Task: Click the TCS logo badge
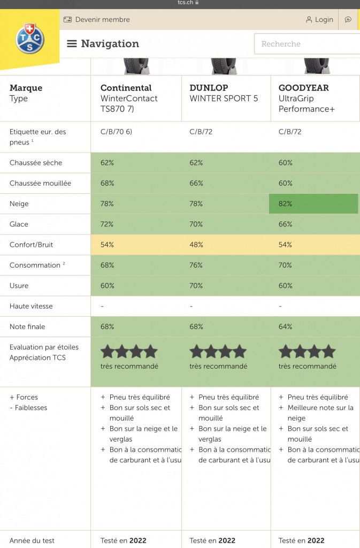coord(29,39)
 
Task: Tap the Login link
coord(319,20)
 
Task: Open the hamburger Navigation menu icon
coord(72,44)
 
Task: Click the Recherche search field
coord(307,44)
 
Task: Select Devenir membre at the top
coord(97,20)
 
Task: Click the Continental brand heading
coord(126,88)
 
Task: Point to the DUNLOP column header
coord(209,88)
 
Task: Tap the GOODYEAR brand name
coord(304,88)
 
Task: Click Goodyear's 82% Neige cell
coord(313,203)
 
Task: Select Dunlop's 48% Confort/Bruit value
coord(196,245)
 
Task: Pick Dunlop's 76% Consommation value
coord(196,265)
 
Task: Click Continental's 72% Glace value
coord(107,224)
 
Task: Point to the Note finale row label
coord(27,326)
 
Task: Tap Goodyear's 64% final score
coord(285,326)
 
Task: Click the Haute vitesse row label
coord(31,306)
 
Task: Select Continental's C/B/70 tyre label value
coord(116,132)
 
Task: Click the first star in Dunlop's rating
coord(197,352)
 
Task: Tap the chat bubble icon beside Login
coord(348,20)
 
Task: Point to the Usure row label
coord(19,286)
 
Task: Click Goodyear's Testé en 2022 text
coord(301,541)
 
